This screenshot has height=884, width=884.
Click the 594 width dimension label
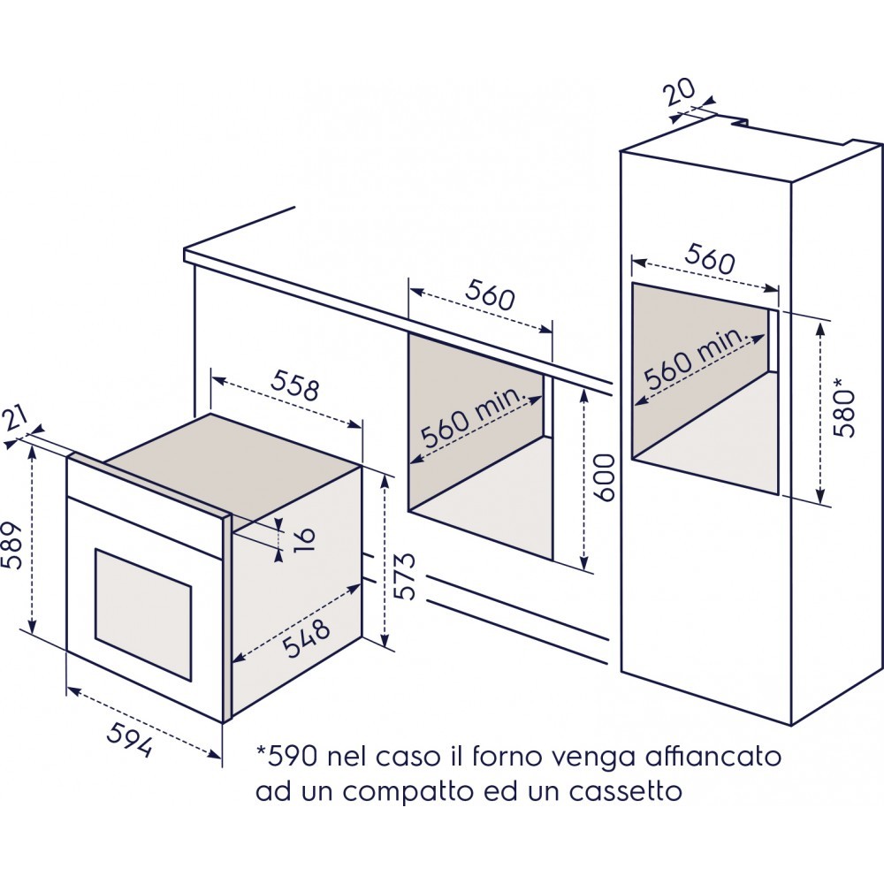pos(130,739)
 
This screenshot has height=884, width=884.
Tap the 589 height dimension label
pos(11,545)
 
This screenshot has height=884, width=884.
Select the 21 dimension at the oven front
pos(16,420)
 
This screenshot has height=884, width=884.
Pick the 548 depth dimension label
pos(306,638)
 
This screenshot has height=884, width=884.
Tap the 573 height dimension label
pos(405,576)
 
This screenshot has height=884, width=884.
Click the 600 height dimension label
pos(603,477)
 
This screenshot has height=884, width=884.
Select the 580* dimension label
pos(845,407)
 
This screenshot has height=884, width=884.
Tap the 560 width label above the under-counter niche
pos(490,295)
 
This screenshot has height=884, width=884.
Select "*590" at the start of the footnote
pos(287,756)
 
